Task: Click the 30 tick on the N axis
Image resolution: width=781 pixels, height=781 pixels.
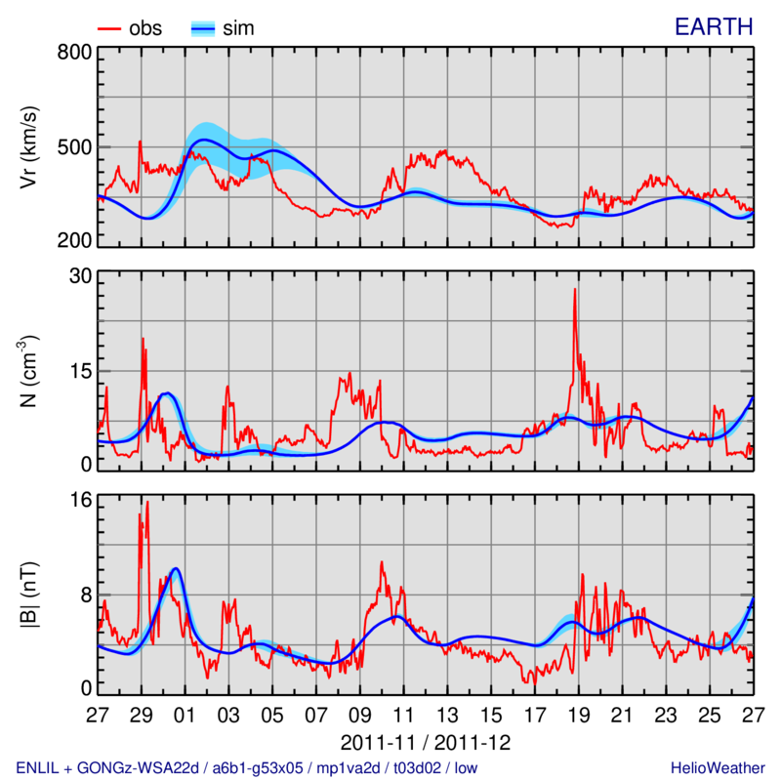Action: click(x=79, y=277)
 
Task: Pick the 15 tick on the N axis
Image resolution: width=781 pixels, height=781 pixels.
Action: click(x=79, y=371)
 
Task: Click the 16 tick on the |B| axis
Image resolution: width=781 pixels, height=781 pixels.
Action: click(x=79, y=501)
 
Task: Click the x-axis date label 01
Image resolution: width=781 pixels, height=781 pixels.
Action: click(x=185, y=715)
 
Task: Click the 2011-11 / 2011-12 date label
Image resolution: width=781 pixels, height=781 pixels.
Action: click(x=426, y=738)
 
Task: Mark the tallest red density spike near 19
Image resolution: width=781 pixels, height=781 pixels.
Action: click(x=575, y=290)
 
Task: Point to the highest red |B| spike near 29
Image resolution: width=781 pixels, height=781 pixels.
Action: click(x=147, y=503)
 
